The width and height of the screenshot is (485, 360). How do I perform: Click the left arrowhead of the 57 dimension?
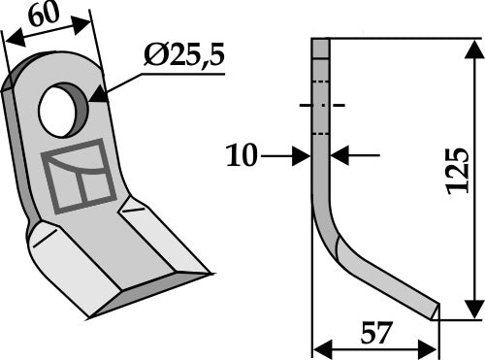point(319,347)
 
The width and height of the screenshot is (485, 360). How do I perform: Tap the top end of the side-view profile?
point(321,40)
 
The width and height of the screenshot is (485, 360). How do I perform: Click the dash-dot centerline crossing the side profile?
point(321,105)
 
